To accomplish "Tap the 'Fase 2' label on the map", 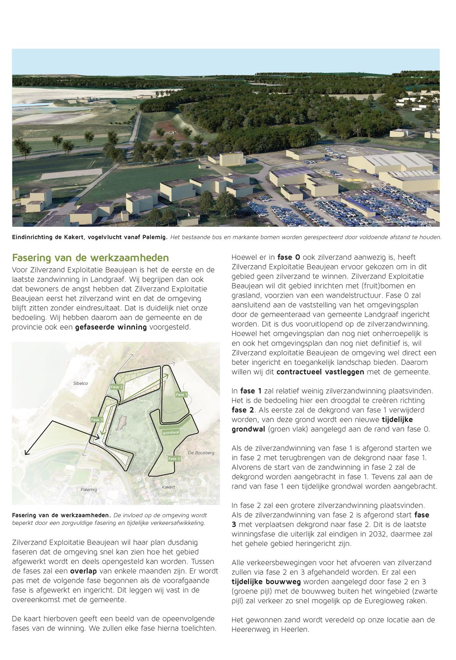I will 117,387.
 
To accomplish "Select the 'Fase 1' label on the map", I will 181,395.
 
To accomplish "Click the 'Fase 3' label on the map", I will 97,420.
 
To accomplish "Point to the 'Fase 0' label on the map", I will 174,459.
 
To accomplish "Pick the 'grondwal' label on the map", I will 171,433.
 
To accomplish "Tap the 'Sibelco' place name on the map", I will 80,383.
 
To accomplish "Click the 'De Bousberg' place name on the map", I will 201,453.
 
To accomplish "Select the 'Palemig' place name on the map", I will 89,489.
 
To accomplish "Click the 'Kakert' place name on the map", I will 168,487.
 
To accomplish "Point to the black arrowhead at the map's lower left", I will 27,453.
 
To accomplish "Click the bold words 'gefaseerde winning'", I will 111,327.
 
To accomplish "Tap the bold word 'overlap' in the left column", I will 83,571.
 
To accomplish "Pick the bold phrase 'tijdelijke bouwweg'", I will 266,582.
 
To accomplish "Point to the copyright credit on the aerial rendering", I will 402,222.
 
